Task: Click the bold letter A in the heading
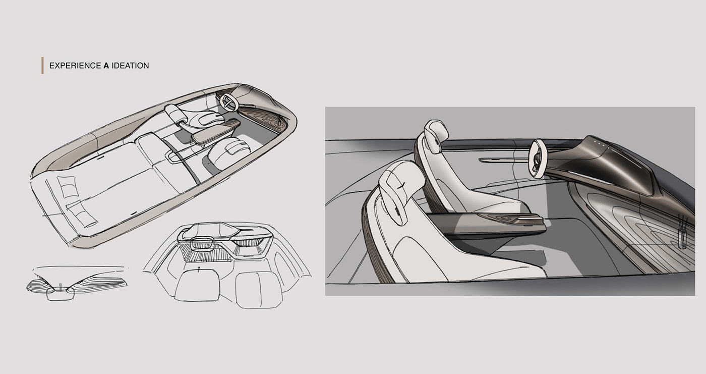106,66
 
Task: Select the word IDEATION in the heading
130,66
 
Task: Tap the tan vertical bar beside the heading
42,66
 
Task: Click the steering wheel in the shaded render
538,157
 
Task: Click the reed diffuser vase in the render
682,235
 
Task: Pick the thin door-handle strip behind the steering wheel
499,160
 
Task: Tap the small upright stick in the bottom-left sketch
60,287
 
